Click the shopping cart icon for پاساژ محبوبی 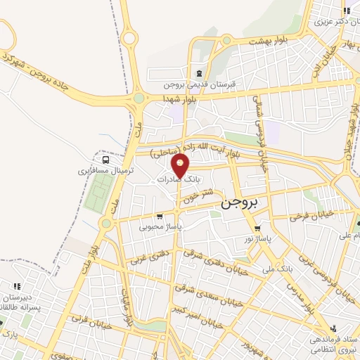(160, 216)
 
